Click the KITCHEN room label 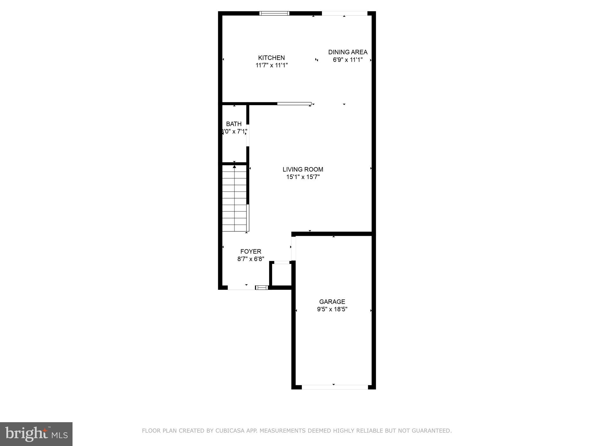271,58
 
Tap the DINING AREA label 348,52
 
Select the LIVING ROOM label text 303,169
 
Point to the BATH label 234,124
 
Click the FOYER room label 251,251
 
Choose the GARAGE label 332,302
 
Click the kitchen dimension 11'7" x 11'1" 271,65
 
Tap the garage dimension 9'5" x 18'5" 332,309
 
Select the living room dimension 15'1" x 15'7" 303,177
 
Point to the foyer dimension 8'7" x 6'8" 251,259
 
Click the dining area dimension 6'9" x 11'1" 348,60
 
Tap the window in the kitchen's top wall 274,13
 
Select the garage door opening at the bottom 335,387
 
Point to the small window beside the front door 262,287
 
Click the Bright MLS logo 36,434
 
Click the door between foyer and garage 293,249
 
